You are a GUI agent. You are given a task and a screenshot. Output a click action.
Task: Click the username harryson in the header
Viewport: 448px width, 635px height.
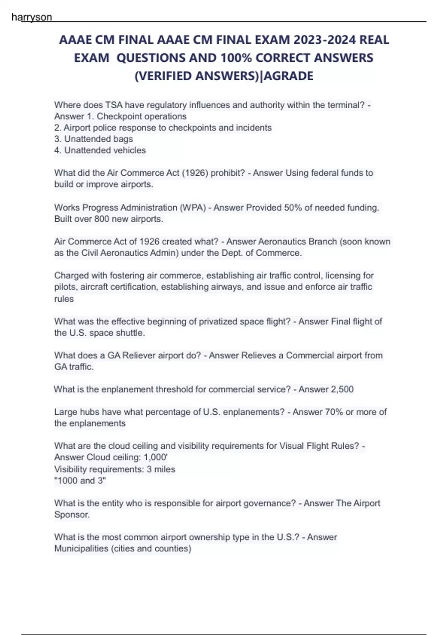32,17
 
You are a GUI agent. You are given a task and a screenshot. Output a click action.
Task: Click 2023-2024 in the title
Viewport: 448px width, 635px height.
324,40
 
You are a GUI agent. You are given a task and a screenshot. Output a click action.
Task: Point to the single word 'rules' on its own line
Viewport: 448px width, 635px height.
64,299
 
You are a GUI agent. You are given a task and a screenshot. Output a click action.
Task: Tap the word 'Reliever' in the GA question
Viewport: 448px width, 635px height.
139,355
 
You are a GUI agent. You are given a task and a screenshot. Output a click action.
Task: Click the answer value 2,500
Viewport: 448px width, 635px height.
342,389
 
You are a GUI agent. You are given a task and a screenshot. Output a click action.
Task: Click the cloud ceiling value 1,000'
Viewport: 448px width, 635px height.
156,457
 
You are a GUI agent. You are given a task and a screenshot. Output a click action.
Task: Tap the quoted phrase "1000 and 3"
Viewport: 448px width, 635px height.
80,480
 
